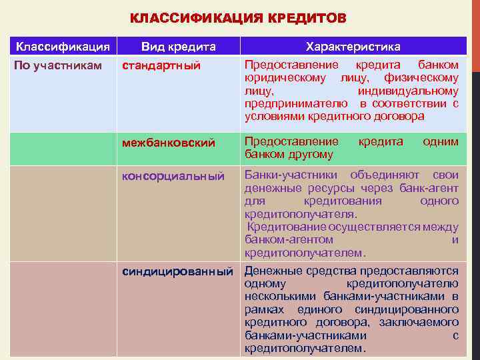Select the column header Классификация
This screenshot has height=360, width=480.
(63, 47)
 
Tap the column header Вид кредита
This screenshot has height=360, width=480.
(178, 47)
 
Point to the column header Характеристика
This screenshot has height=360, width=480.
(353, 47)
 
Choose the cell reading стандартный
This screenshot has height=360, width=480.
(161, 65)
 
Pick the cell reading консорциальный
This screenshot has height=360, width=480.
(172, 175)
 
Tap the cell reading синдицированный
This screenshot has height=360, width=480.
(177, 271)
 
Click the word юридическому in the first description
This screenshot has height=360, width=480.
(285, 78)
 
